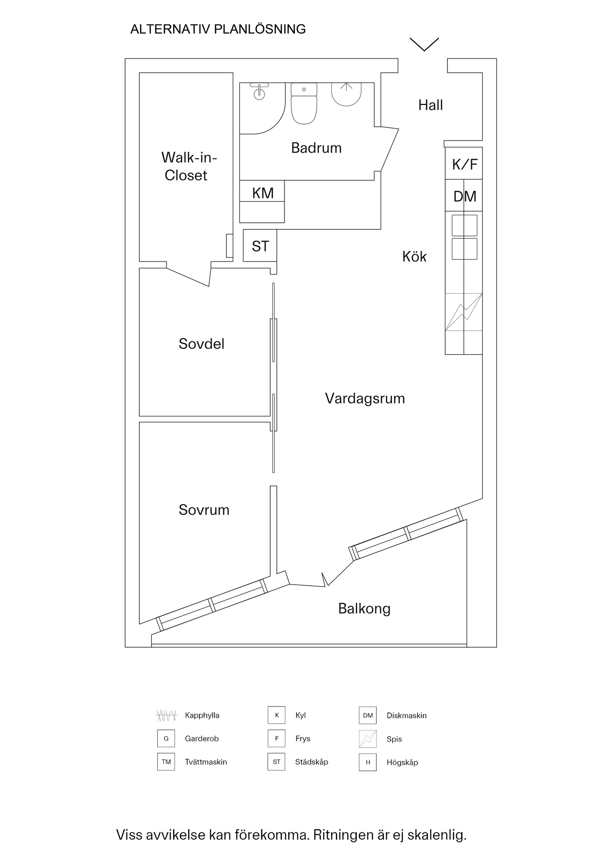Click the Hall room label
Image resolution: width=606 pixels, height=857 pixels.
[x=430, y=105]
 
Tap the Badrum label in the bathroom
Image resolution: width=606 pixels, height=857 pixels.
[x=316, y=148]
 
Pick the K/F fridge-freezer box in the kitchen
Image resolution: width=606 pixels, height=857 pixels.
[x=464, y=164]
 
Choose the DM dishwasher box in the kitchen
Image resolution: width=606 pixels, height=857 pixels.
[x=464, y=196]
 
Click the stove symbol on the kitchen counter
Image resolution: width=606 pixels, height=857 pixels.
[x=464, y=312]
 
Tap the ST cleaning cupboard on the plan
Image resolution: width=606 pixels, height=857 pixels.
[x=260, y=246]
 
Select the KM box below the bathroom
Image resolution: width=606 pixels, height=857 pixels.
[x=263, y=193]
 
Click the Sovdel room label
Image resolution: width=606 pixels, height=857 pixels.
[x=201, y=344]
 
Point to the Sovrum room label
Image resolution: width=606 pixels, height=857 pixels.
[x=204, y=510]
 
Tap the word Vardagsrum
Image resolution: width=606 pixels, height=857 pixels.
[x=365, y=398]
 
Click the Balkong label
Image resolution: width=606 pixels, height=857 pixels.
[x=364, y=608]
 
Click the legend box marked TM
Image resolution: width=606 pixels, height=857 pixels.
[x=166, y=762]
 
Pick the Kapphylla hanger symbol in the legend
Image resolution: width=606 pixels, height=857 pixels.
[x=167, y=716]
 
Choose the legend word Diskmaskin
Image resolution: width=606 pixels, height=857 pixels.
[x=406, y=716]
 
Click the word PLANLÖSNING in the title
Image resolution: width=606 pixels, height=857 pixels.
[x=260, y=29]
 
